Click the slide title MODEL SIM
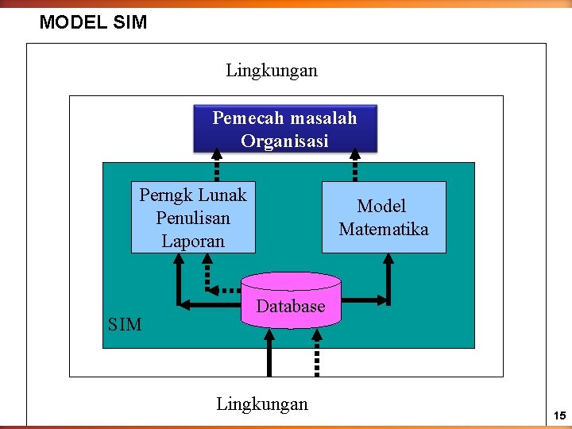[x=93, y=22]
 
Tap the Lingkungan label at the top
[x=271, y=71]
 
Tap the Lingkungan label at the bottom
[x=261, y=404]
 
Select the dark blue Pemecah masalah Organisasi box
[x=285, y=129]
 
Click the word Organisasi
[x=284, y=141]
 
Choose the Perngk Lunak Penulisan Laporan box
[x=193, y=217]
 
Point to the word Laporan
[x=193, y=241]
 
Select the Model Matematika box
[x=382, y=217]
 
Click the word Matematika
[x=383, y=230]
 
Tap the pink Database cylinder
[x=291, y=301]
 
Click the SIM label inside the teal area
[x=125, y=324]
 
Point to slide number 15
[x=559, y=416]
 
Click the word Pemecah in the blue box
[x=242, y=118]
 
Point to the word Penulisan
[x=193, y=218]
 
